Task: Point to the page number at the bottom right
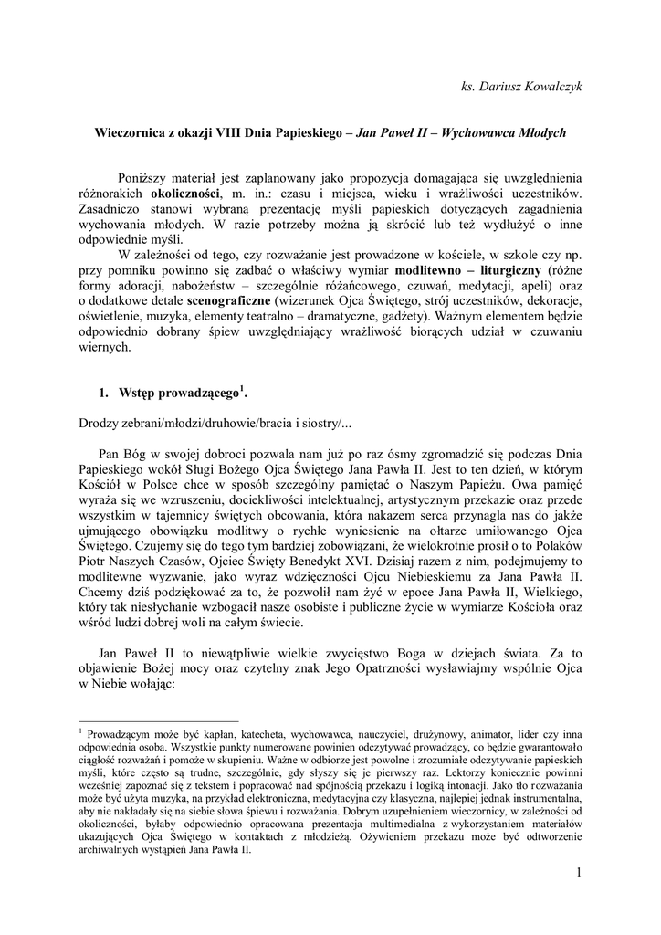tap(579, 873)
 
